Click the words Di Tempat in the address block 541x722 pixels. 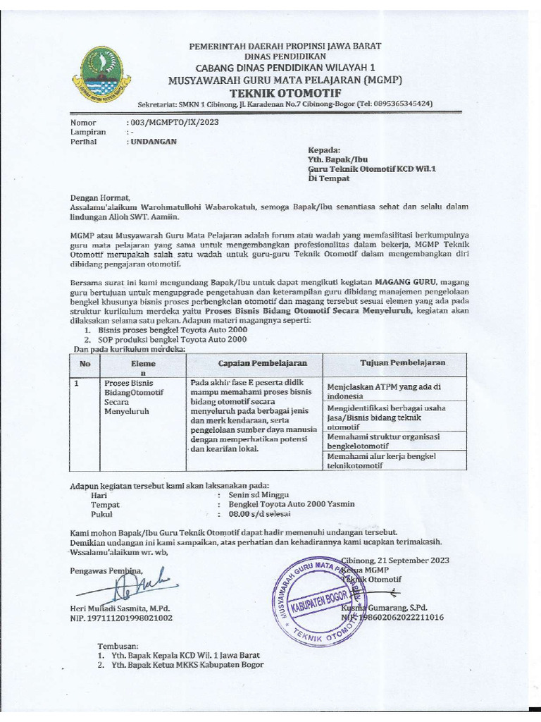point(329,178)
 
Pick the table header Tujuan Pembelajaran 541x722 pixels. point(402,362)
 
